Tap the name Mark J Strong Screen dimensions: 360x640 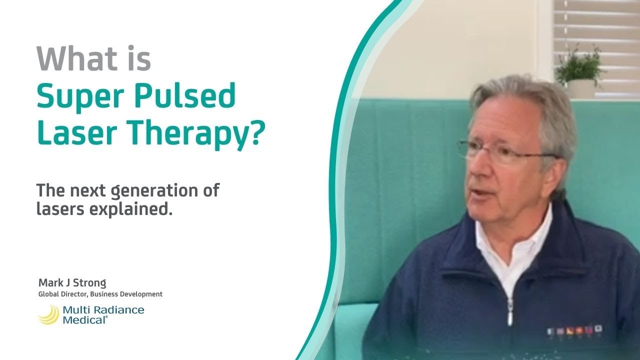[72, 283]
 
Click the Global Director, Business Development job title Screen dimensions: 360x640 [100, 294]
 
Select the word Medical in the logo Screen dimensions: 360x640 [84, 320]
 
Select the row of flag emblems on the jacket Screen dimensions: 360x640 [575, 330]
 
